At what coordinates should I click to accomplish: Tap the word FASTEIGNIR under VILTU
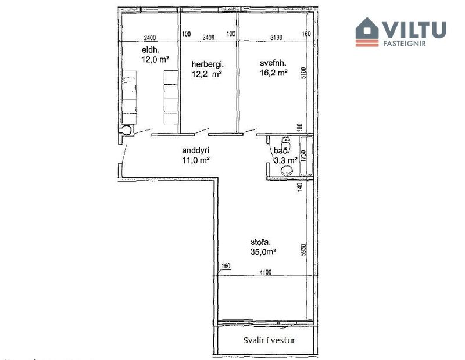413,42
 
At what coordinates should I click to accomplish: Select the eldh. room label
150,50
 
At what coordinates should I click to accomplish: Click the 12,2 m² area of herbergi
208,74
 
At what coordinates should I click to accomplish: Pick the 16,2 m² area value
274,73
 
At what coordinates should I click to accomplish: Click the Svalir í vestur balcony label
269,340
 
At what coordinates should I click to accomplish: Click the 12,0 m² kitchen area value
155,59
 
